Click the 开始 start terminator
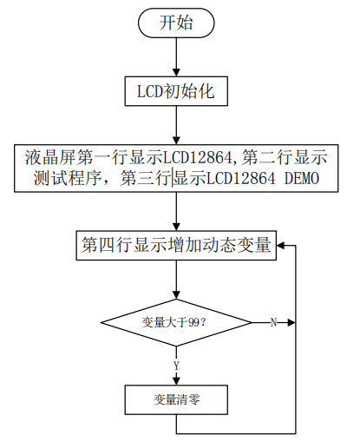tap(176, 23)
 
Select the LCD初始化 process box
tap(176, 91)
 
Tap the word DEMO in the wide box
tap(302, 178)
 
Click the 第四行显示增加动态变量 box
tap(176, 246)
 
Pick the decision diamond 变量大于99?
tap(176, 322)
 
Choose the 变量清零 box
tap(176, 399)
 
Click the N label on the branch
tap(273, 322)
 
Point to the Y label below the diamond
tap(176, 366)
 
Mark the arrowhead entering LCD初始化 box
tap(176, 73)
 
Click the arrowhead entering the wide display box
tap(176, 141)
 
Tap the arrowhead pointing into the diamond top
tap(176, 295)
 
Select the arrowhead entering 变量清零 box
tap(176, 381)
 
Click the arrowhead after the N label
tap(291, 322)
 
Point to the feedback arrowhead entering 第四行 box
tap(281, 246)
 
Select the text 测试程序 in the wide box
tap(68, 178)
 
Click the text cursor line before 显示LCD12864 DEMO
tap(173, 177)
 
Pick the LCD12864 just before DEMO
tap(241, 178)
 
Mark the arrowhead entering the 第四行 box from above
tap(176, 227)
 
